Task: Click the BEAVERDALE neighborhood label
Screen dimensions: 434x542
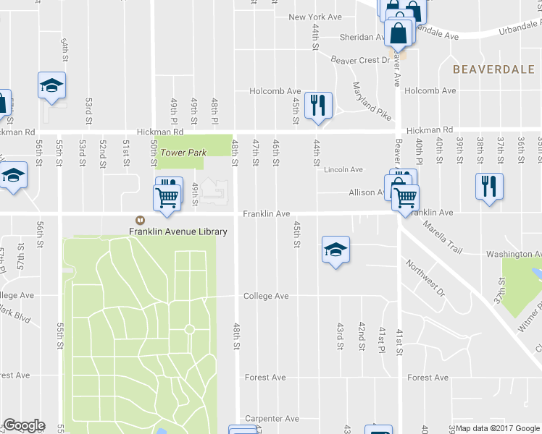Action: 492,69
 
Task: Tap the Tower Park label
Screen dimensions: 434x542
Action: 183,153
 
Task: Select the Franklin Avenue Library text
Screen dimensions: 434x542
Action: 178,231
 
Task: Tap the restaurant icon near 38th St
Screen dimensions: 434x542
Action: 489,186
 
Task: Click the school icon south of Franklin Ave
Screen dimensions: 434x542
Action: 335,250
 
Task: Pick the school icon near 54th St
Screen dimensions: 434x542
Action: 51,85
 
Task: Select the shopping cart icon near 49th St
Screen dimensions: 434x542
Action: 167,197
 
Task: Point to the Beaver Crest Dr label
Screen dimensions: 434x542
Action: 360,60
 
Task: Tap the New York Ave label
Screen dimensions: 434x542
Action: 314,17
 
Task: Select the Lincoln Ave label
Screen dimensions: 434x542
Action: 343,169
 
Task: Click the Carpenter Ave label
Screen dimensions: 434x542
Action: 272,419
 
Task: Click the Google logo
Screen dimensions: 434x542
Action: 23,425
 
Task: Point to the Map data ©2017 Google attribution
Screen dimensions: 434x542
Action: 496,429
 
